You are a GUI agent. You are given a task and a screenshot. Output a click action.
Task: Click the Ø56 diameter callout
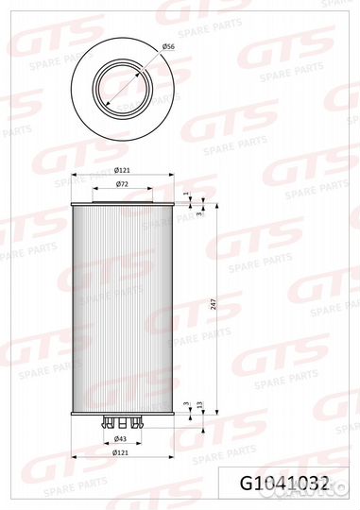(168, 47)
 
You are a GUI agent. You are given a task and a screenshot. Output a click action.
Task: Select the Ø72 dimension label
(122, 184)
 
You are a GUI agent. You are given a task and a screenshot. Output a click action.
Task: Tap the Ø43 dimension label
(120, 439)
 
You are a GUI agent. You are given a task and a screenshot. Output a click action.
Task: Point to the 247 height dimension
(214, 304)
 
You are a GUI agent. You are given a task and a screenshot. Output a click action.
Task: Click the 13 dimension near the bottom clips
(200, 405)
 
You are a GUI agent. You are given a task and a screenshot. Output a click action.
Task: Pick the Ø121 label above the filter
(123, 170)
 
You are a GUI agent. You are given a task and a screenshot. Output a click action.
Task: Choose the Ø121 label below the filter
(120, 452)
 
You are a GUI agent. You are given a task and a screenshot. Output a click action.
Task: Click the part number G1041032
(284, 484)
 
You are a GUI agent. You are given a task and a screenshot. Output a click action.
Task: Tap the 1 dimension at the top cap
(186, 194)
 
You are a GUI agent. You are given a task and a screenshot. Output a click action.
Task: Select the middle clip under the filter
(123, 422)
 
